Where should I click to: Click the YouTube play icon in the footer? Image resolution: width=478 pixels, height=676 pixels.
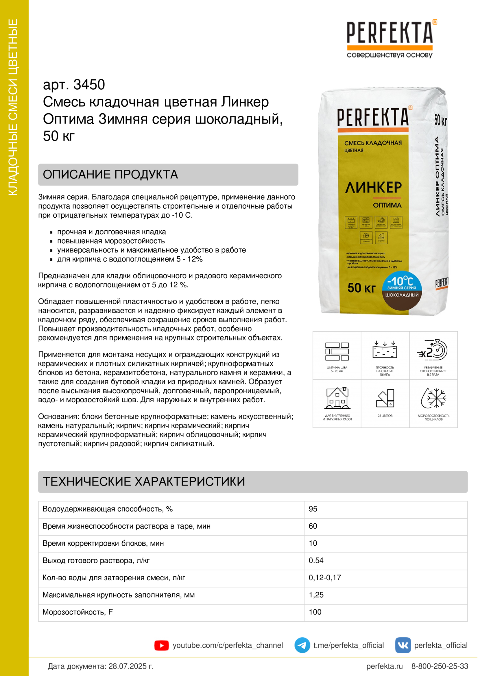coord(161,645)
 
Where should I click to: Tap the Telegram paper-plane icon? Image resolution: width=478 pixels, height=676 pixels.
coord(302,645)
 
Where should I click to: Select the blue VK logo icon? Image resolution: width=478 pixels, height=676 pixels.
coord(403,645)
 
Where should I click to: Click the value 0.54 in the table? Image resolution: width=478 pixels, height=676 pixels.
coord(316,560)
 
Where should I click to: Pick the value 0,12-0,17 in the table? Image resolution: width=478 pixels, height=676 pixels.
coord(324,577)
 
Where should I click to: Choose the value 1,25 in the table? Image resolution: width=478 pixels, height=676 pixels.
coord(316,595)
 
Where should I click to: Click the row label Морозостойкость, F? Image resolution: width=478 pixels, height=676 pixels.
coord(77,612)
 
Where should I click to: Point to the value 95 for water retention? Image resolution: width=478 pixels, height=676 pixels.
coord(313,509)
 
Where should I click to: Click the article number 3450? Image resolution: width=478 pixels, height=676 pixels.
coord(89,85)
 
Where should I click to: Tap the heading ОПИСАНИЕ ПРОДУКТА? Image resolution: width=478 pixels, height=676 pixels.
coord(110,174)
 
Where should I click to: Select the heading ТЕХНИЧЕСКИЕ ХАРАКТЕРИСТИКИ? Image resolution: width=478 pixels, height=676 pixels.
coord(144,481)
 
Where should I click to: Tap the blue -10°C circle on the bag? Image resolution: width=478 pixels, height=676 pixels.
coord(401,281)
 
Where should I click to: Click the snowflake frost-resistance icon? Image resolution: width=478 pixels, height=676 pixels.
coord(433,398)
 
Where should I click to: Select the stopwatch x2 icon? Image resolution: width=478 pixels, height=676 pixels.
coord(433,350)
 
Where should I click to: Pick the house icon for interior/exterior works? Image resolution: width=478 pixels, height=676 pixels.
coord(337,398)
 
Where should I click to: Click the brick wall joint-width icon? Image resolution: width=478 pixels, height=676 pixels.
coord(337,351)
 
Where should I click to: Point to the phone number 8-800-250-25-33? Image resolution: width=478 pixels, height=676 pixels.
coord(440,666)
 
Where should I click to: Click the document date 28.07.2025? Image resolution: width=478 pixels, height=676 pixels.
coord(131,666)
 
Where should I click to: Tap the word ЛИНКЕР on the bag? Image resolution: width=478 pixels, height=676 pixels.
coord(373,188)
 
